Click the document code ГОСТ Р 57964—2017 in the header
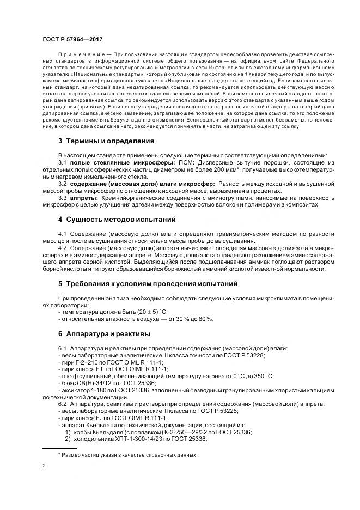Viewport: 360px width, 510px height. (72, 40)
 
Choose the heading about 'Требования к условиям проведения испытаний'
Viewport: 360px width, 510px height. (148, 284)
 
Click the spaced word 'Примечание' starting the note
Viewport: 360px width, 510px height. (80, 54)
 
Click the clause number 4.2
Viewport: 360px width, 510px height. (62, 247)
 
